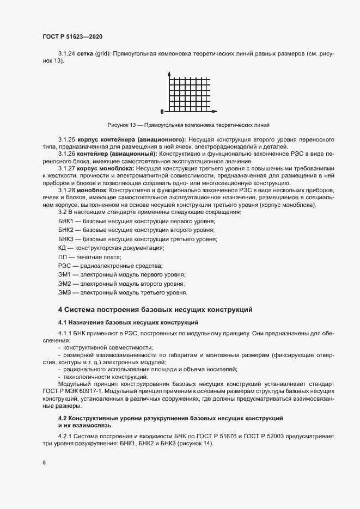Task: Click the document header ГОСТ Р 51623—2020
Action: pos(72,36)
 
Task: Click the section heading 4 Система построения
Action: pos(155,310)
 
